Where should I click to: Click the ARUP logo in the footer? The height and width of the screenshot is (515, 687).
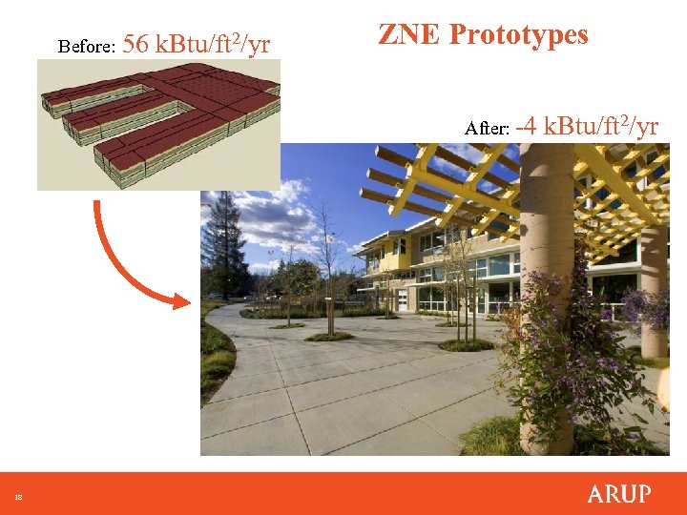coord(618,494)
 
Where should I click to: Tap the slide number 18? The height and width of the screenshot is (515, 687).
coord(18,497)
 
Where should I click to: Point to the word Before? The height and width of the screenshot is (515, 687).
coord(87,46)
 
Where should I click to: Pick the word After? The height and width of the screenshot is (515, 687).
coord(487,128)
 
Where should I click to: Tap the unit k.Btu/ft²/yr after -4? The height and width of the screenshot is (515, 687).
coord(601,126)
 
